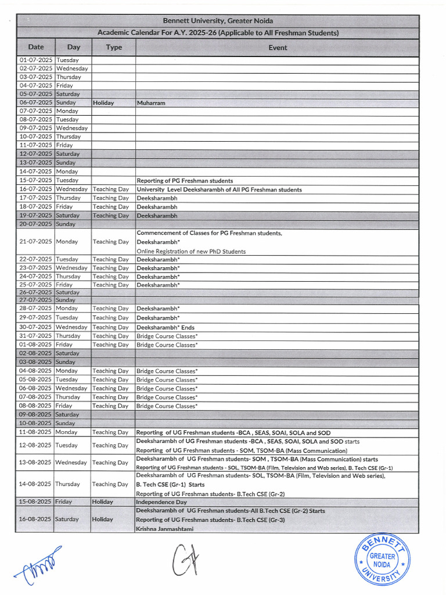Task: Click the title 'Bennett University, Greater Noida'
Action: pyautogui.click(x=218, y=21)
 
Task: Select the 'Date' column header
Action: pyautogui.click(x=36, y=47)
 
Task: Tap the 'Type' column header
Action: pyautogui.click(x=114, y=47)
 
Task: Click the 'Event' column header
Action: pyautogui.click(x=278, y=47)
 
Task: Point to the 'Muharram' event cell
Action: pyautogui.click(x=151, y=103)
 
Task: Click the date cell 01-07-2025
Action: pyautogui.click(x=36, y=60)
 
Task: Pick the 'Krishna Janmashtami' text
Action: pyautogui.click(x=165, y=529)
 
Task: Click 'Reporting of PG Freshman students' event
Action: pyautogui.click(x=185, y=181)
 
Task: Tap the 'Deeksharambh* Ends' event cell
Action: pyautogui.click(x=166, y=327)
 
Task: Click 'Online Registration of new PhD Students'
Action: pyautogui.click(x=191, y=251)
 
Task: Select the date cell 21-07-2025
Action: pyautogui.click(x=36, y=241)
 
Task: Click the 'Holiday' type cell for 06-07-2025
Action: pyautogui.click(x=103, y=103)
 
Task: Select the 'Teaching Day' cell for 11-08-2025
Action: pyautogui.click(x=110, y=432)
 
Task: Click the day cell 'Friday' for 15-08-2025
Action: pyautogui.click(x=64, y=501)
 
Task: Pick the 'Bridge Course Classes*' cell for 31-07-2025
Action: pyautogui.click(x=167, y=336)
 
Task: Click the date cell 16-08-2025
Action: pyautogui.click(x=36, y=519)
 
